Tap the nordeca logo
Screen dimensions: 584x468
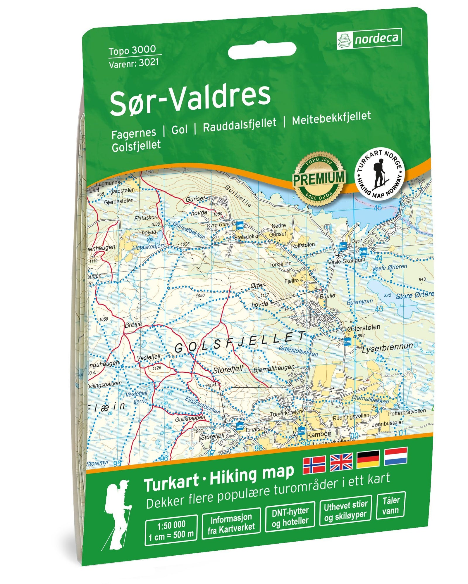[x=369, y=39]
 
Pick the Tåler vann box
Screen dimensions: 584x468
[x=391, y=505]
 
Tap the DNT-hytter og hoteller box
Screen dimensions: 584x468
[x=290, y=517]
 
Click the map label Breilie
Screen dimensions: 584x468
[x=133, y=324]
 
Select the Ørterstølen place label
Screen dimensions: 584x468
[x=364, y=328]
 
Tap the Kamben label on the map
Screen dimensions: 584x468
[x=319, y=434]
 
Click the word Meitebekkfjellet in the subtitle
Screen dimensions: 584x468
[x=331, y=118]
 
